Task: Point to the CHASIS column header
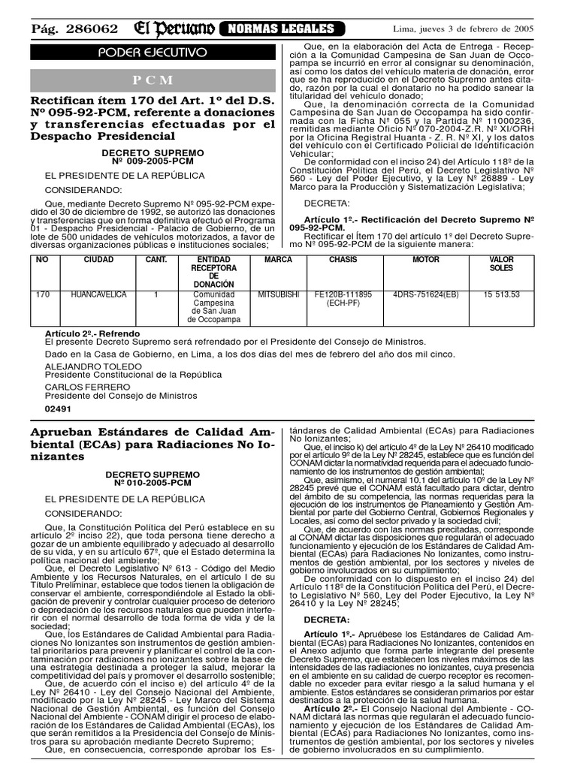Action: (343, 260)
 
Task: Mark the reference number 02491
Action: (59, 410)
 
